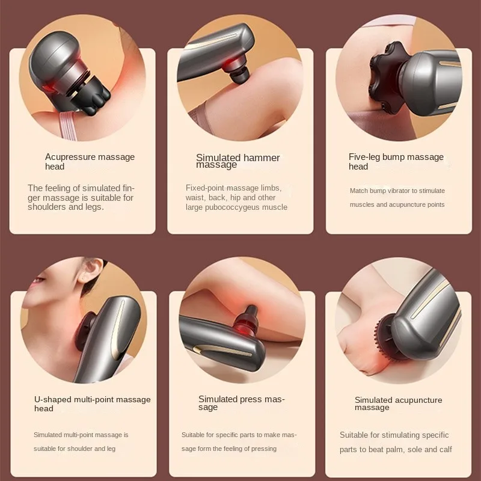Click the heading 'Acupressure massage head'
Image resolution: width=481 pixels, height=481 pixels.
(x=90, y=162)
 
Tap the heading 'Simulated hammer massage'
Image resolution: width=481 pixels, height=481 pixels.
(x=237, y=161)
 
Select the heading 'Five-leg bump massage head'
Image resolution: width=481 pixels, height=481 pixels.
(x=396, y=162)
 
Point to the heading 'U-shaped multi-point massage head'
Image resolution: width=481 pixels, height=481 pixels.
(x=93, y=403)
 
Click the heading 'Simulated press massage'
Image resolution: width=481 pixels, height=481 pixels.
(x=242, y=403)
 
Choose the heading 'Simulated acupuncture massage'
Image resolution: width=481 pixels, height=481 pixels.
(x=398, y=403)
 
